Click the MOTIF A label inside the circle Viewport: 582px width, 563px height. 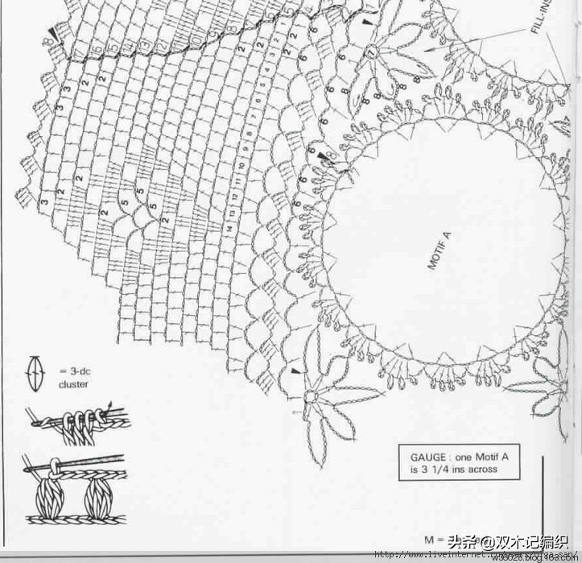tap(439, 250)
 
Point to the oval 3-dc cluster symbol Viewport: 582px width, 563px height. tap(36, 374)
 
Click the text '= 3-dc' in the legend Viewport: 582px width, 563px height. tap(72, 370)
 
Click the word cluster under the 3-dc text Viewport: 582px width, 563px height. tap(73, 384)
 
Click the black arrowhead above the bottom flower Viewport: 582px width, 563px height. tap(295, 371)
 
